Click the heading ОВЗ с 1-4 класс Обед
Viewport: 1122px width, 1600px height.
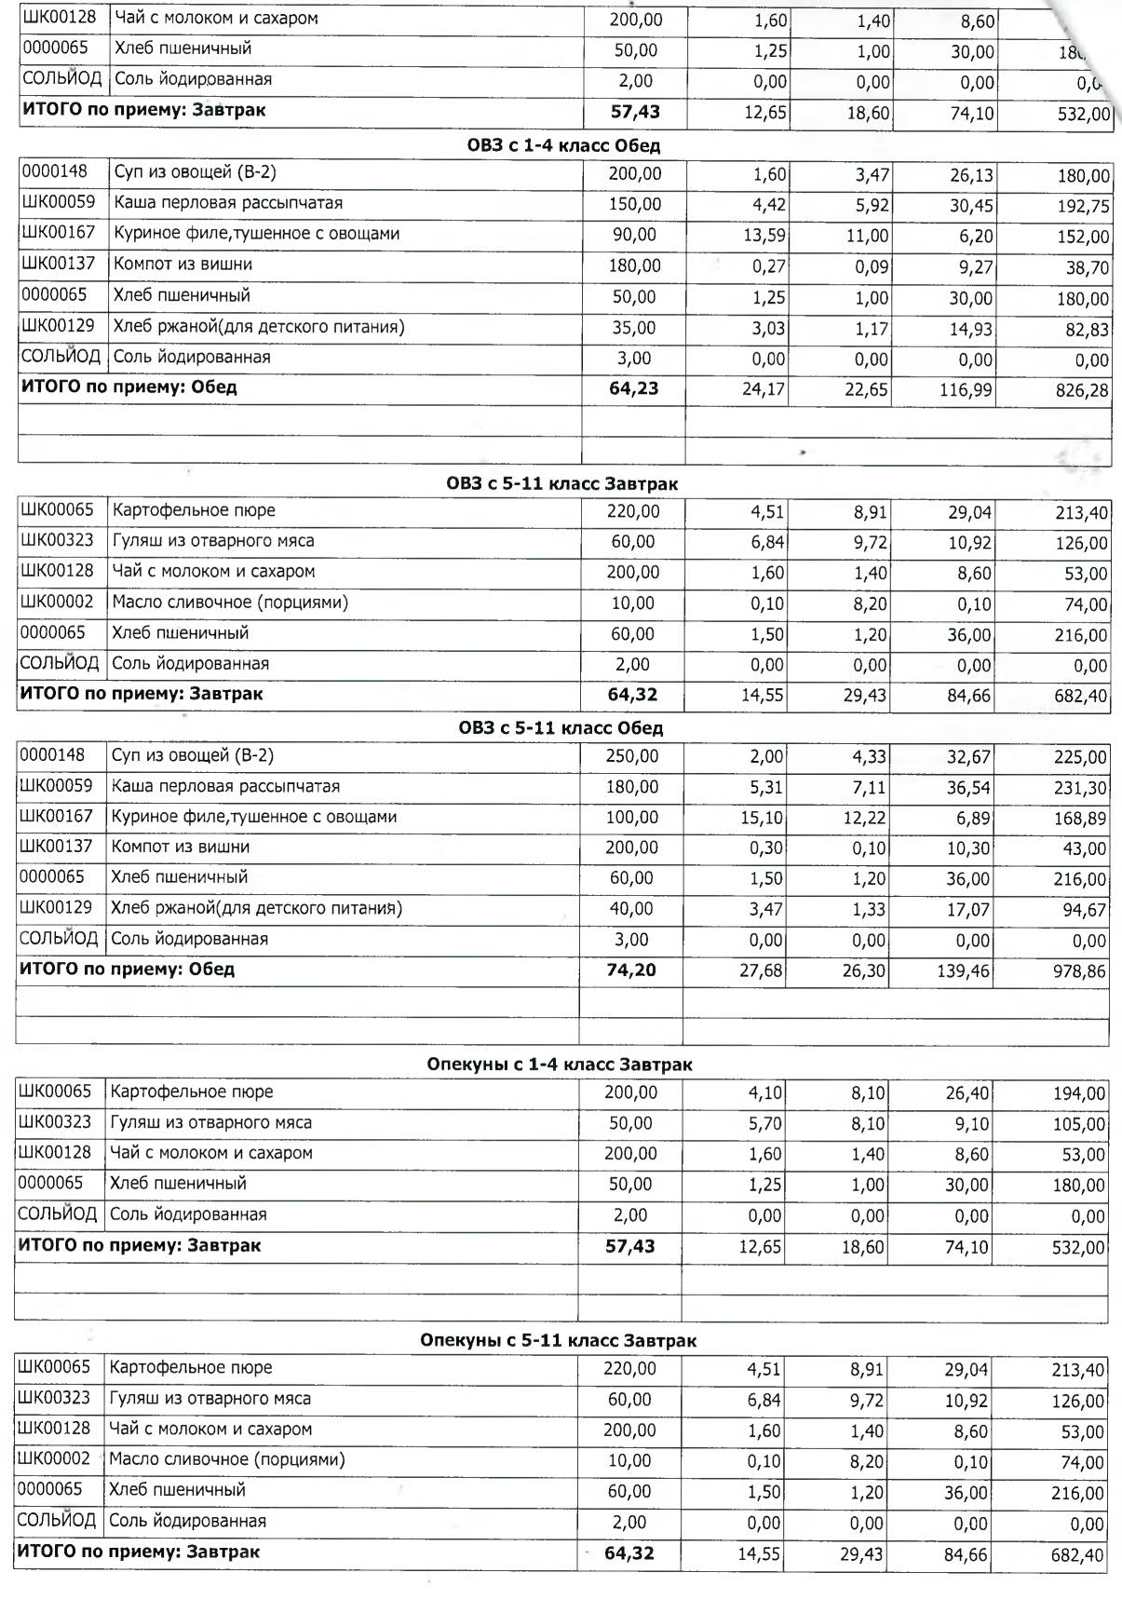pos(563,146)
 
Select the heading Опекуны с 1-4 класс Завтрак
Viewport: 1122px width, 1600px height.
pos(559,1064)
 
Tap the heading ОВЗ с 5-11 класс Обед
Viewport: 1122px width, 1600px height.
pos(561,728)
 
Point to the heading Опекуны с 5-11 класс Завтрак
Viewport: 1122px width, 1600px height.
pos(558,1341)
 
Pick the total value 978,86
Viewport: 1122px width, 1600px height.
pos(1080,971)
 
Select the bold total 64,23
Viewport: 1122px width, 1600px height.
pos(633,388)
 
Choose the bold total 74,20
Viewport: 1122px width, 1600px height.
pos(630,969)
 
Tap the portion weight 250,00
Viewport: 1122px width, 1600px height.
pos(631,756)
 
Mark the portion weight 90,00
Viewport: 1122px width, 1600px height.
pos(634,235)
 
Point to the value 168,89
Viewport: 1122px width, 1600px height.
pos(1080,819)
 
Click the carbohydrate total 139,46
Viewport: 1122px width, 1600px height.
pos(964,971)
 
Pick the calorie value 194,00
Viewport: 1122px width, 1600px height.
pos(1080,1094)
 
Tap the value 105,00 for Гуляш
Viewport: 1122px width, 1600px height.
pos(1080,1125)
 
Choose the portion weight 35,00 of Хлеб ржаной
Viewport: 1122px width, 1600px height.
pos(634,328)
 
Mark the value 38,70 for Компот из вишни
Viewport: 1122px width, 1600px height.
pos(1085,268)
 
